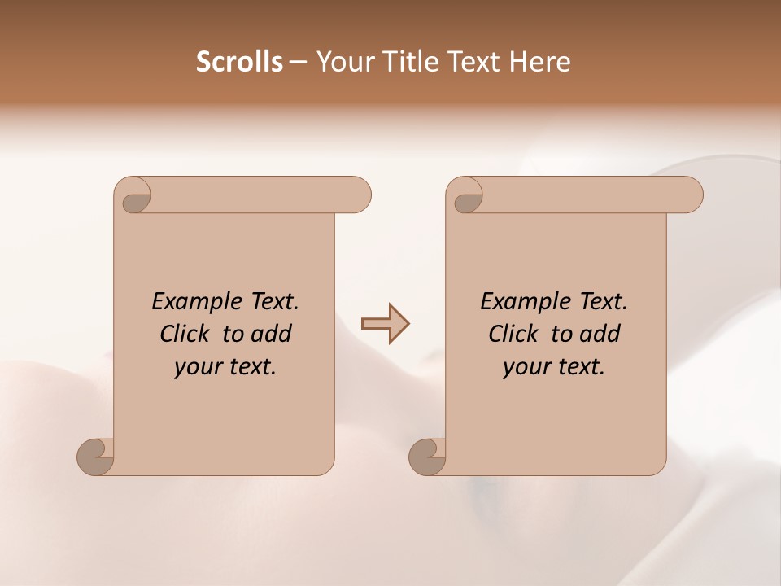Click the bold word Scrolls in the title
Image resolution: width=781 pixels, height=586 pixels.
click(x=239, y=62)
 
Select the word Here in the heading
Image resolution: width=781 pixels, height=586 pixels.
click(x=539, y=62)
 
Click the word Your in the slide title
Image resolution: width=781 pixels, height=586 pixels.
click(x=347, y=62)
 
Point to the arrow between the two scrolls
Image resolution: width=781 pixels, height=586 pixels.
click(x=385, y=324)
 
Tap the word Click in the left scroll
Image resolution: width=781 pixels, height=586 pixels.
click(x=184, y=334)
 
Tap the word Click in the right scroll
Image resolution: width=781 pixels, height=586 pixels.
click(x=513, y=334)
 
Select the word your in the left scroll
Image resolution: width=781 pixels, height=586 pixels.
click(x=197, y=367)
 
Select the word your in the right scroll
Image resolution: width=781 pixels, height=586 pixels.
click(x=526, y=367)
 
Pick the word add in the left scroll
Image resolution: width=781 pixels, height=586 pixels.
click(x=272, y=334)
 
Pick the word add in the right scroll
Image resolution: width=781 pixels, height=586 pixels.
click(x=600, y=334)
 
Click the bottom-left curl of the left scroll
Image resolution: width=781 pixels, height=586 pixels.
click(x=95, y=457)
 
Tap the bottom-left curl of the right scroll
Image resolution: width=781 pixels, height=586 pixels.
click(x=427, y=457)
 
